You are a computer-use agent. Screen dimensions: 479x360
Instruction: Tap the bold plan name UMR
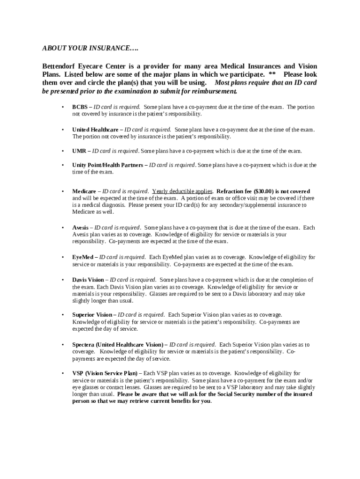79,151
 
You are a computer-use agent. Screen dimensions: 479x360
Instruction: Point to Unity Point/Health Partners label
108,165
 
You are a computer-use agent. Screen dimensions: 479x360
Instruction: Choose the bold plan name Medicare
84,191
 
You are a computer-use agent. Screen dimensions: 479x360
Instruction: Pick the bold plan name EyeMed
83,257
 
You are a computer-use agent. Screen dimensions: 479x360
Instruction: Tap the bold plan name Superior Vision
92,315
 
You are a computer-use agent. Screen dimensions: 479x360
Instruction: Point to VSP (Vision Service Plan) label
105,373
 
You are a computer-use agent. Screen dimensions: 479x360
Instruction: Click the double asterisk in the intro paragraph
272,75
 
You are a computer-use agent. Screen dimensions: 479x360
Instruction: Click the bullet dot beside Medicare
62,191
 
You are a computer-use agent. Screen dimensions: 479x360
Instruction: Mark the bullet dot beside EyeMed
62,257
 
